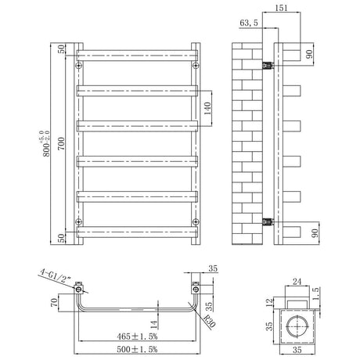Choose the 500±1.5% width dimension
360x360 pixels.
point(137,348)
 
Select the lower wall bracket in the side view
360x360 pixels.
point(268,221)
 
